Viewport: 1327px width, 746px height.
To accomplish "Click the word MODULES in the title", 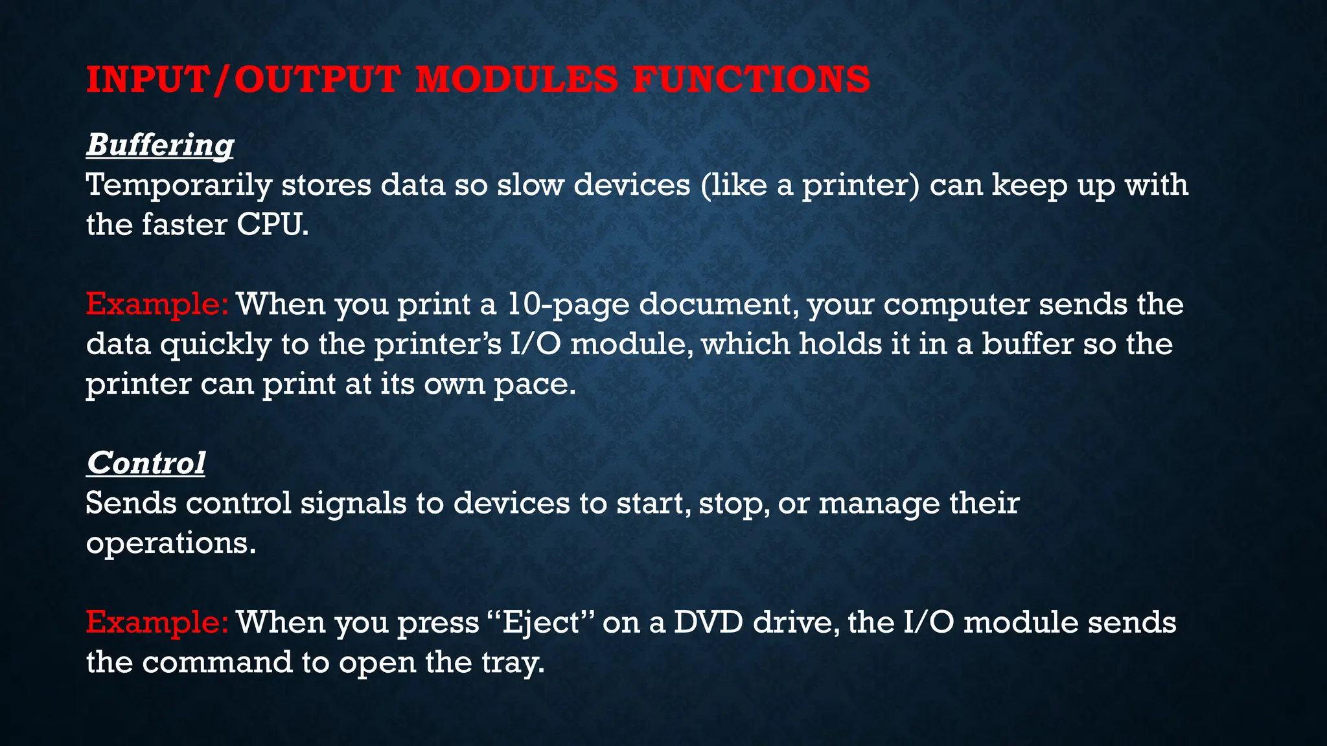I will pyautogui.click(x=516, y=80).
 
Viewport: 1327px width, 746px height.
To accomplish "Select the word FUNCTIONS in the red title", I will pyautogui.click(x=751, y=80).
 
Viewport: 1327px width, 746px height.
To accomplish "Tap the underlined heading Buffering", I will pyautogui.click(x=160, y=144).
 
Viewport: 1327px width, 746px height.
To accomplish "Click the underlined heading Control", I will pyautogui.click(x=146, y=463).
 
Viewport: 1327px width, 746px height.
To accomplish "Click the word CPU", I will pyautogui.click(x=272, y=225).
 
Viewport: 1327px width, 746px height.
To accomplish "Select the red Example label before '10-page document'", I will pyautogui.click(x=157, y=304).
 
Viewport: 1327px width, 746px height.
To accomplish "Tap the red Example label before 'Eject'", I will pyautogui.click(x=157, y=622).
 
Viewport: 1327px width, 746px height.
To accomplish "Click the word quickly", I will pyautogui.click(x=215, y=345).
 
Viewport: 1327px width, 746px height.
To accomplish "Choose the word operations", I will pyautogui.click(x=170, y=543).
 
